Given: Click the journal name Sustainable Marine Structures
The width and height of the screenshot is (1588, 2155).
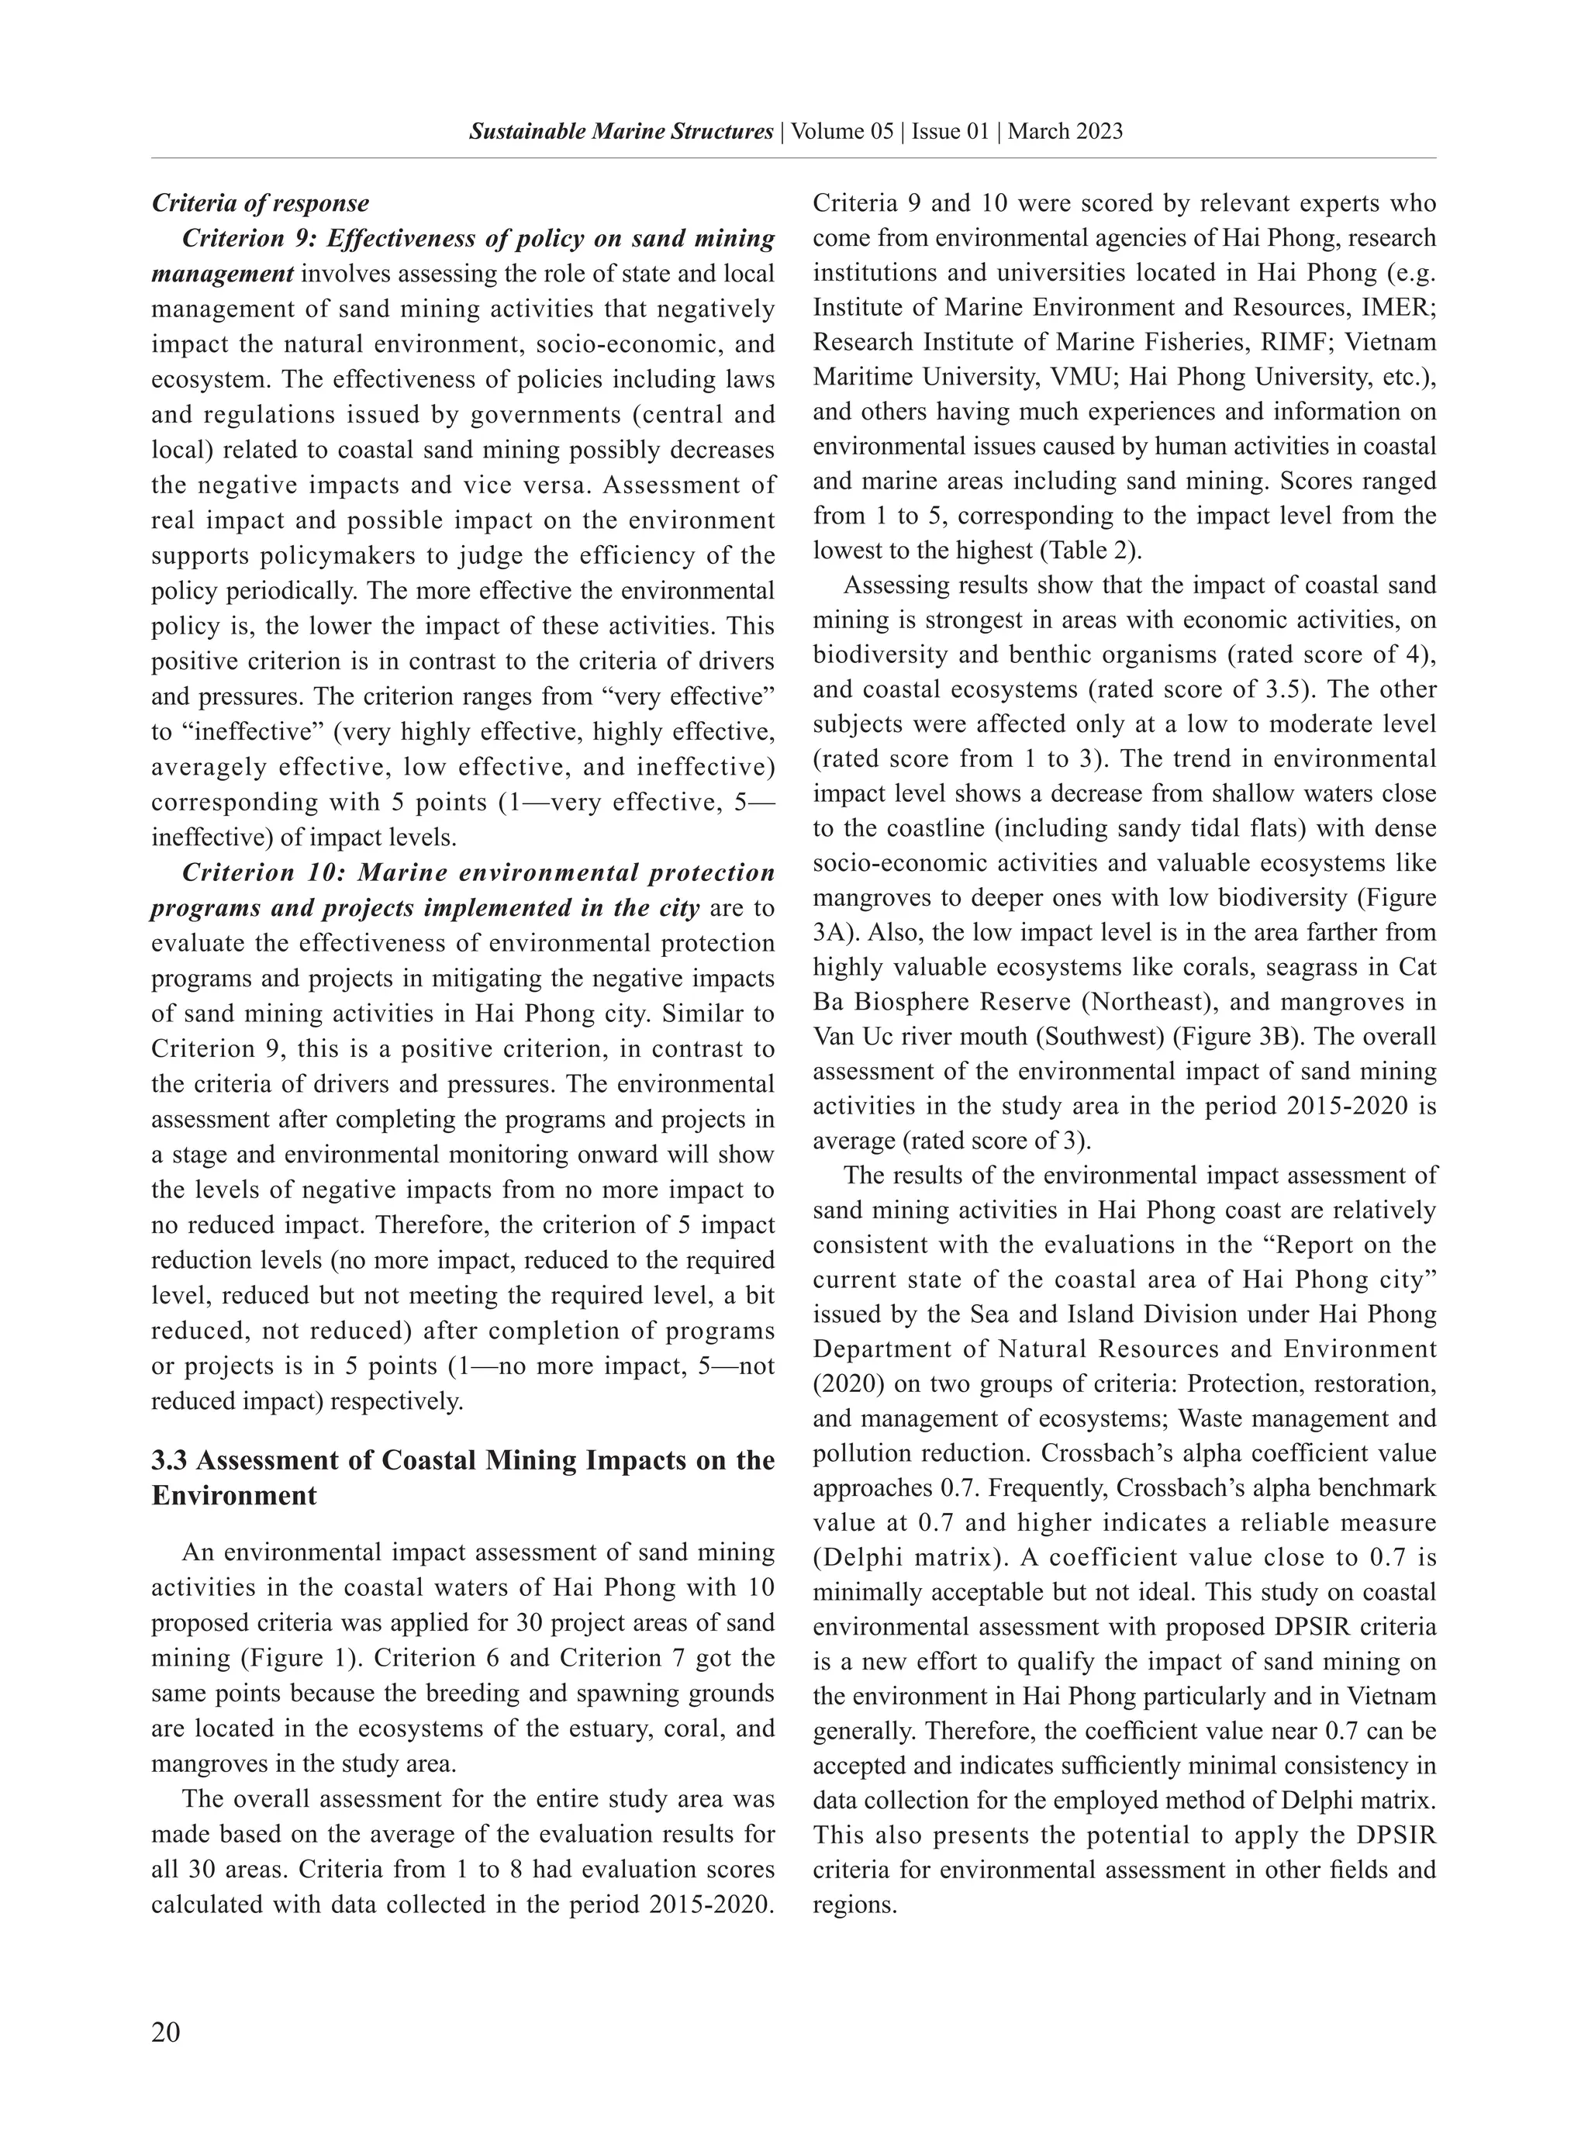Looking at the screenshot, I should tap(621, 132).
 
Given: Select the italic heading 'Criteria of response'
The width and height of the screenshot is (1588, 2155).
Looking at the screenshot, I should tap(261, 204).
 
